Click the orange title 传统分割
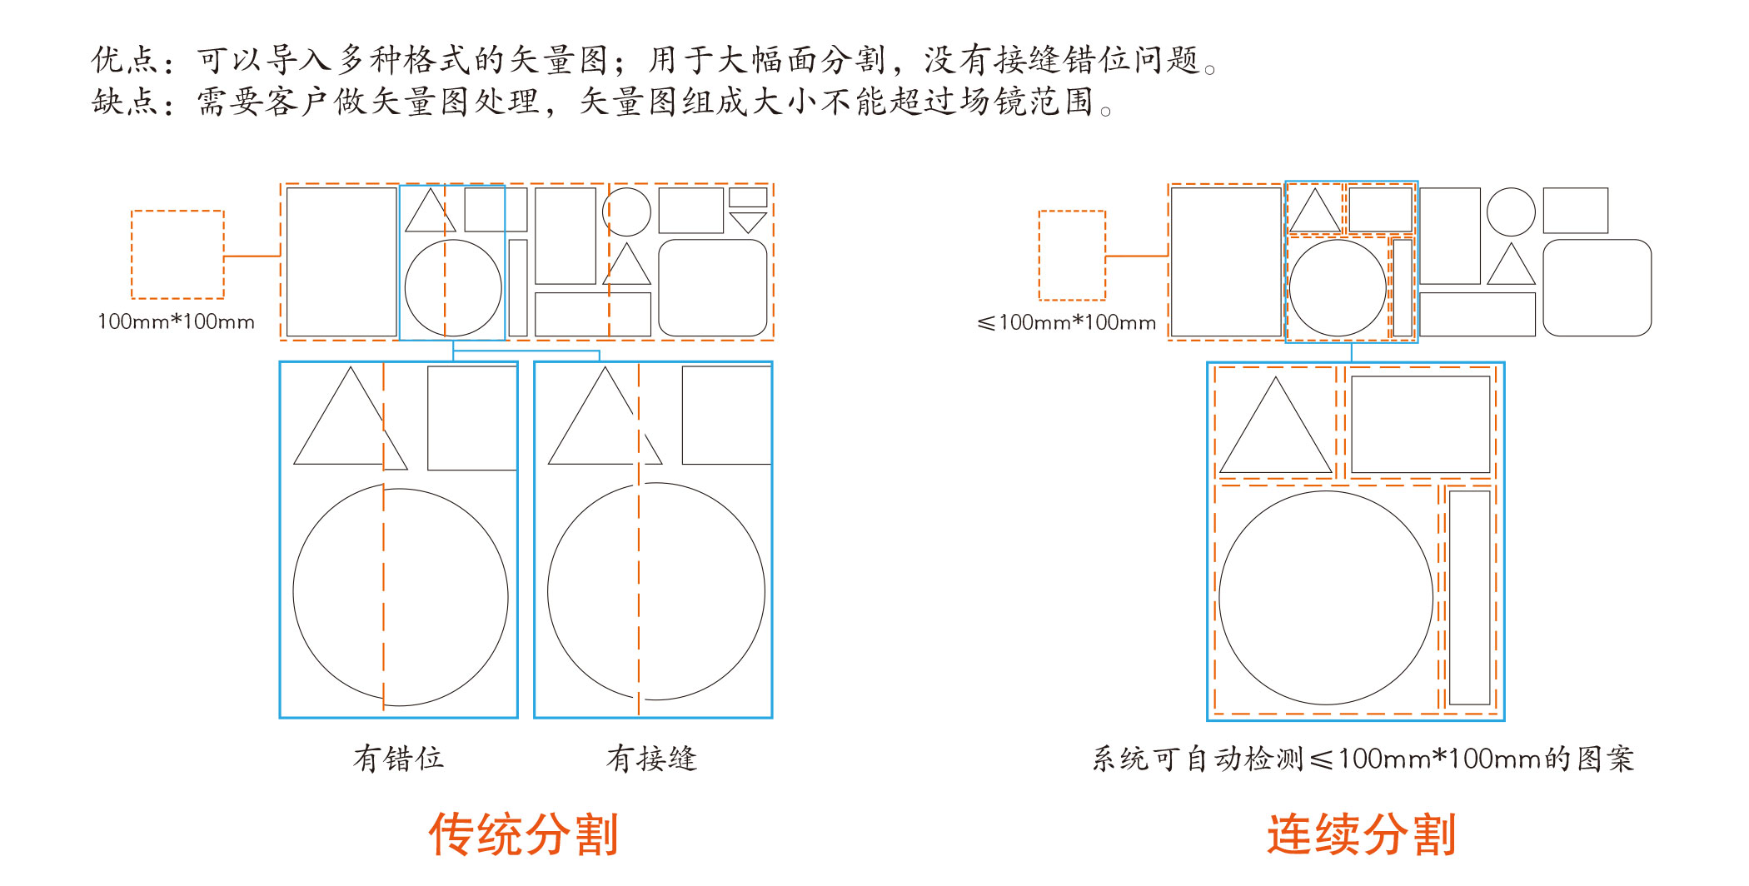point(523,834)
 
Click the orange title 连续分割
point(1361,834)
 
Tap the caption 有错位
point(398,759)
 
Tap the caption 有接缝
point(651,759)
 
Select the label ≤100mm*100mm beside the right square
point(1066,322)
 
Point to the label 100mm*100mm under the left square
point(176,321)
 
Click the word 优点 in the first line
point(125,60)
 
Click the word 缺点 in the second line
point(125,102)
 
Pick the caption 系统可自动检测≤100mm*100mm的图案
point(1363,759)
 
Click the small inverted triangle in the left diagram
point(747,221)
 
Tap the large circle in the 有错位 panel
point(401,596)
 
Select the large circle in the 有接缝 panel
point(655,591)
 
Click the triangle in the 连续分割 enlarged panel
point(1275,433)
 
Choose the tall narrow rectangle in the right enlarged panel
point(1469,597)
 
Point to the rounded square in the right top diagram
point(1597,287)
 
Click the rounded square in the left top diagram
point(712,287)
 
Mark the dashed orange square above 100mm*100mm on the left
point(177,254)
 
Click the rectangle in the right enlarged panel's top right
point(1420,424)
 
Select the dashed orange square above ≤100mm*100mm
point(1072,255)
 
